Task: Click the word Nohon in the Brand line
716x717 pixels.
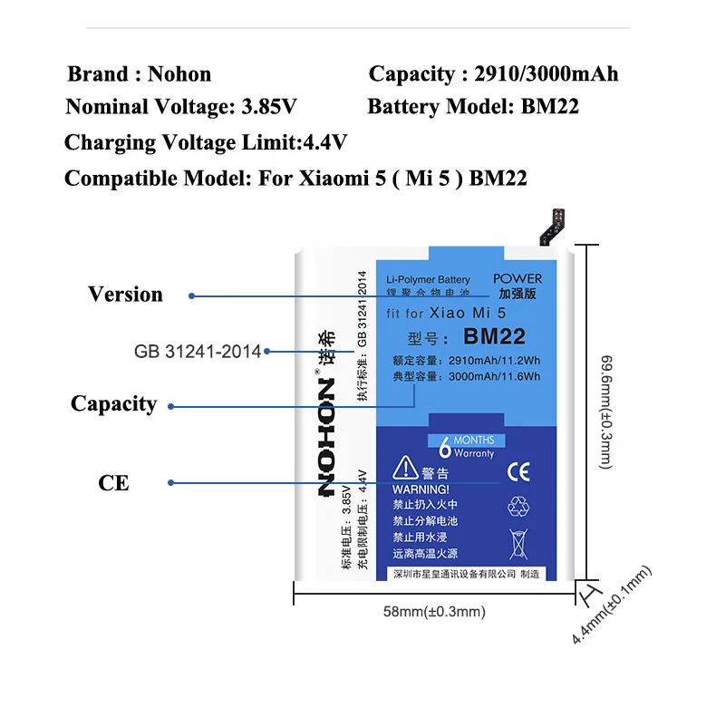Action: click(x=179, y=74)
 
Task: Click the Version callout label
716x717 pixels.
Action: click(x=125, y=295)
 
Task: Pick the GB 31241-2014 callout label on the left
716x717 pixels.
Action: click(x=197, y=352)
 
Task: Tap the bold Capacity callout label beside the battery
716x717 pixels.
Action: click(x=113, y=404)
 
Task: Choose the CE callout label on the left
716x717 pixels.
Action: click(x=113, y=483)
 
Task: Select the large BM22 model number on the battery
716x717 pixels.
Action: click(x=494, y=337)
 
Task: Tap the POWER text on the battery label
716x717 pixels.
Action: click(x=518, y=278)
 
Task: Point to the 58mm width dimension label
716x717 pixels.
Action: click(x=434, y=612)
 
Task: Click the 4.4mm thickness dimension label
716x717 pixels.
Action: click(x=613, y=605)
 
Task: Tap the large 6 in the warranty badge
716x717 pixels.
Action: click(x=444, y=446)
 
